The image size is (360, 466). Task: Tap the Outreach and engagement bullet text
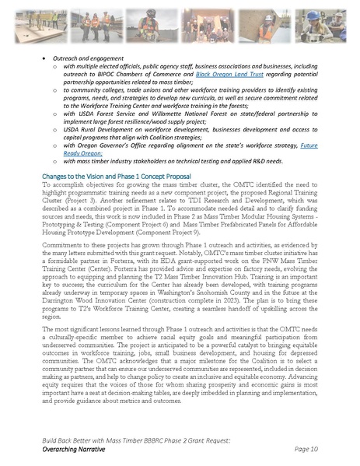82,58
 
